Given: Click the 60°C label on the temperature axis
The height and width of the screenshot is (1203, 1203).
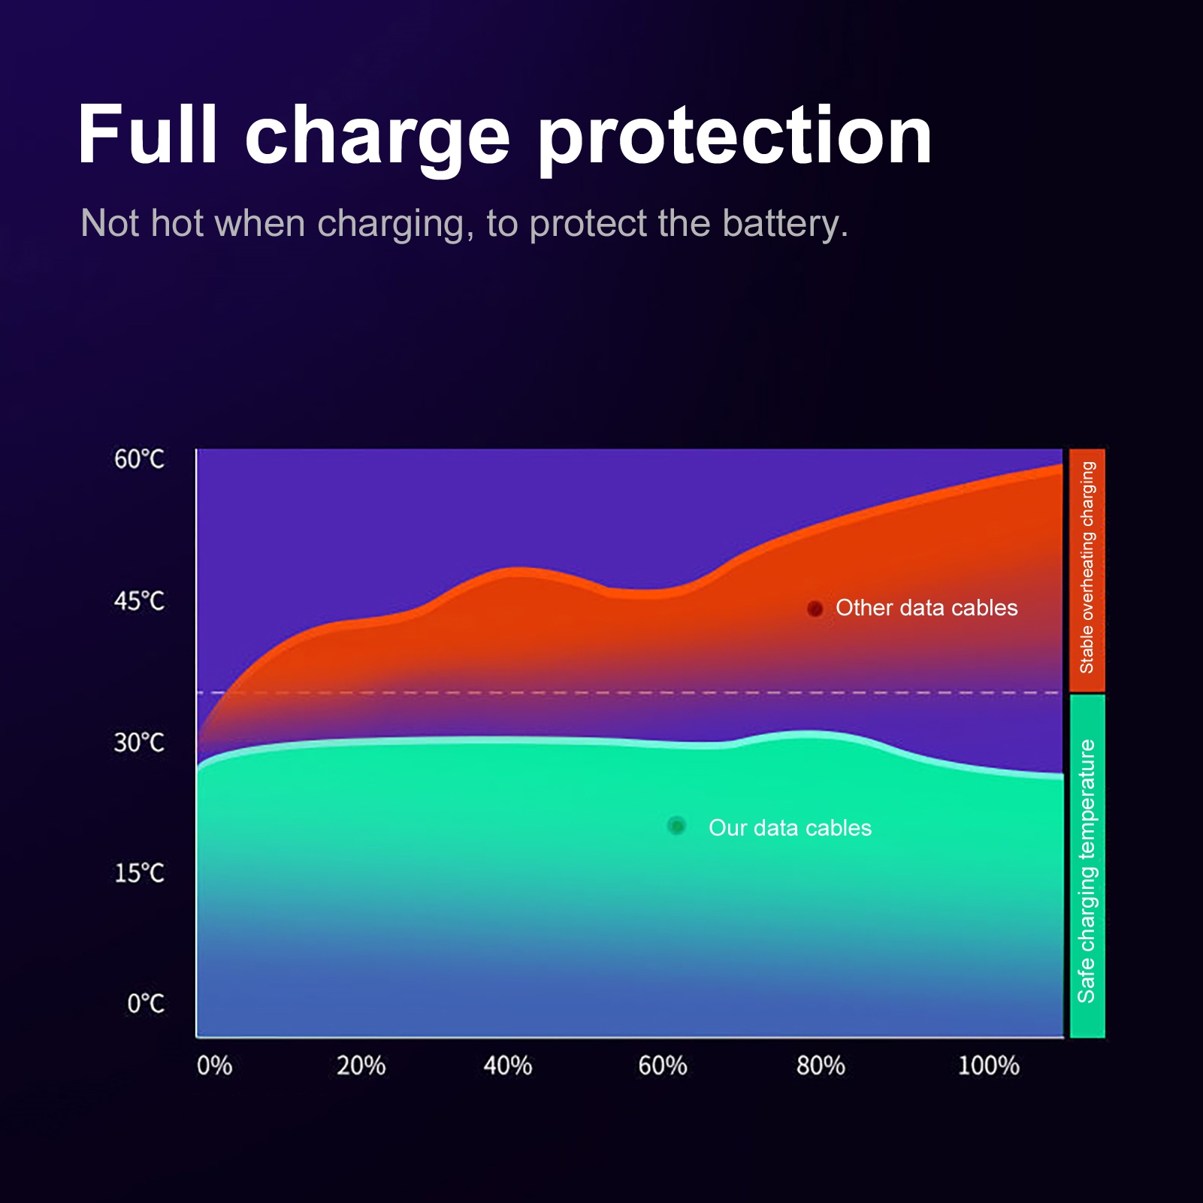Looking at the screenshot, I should coord(139,459).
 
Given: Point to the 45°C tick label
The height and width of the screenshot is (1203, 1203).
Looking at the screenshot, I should coord(139,601).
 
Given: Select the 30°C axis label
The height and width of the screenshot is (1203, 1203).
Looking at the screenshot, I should coord(139,742).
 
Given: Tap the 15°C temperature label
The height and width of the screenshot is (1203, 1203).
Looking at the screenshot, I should coord(139,873).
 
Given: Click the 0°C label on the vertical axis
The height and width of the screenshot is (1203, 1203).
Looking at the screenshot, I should coord(145,1004).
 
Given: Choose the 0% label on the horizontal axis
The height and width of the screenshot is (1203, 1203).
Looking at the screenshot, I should coord(214,1065).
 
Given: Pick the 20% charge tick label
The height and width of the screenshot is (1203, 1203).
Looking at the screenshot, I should coord(361,1065).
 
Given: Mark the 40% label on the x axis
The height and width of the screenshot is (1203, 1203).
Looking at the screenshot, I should coord(508,1065).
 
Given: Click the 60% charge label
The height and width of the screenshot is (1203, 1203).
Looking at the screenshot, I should coord(663,1065).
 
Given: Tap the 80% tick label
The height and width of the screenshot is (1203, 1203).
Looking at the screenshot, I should coord(821,1065).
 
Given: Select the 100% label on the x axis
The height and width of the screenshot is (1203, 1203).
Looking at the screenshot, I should coord(988,1065).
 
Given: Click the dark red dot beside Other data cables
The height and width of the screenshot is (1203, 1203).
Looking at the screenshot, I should coord(815,609).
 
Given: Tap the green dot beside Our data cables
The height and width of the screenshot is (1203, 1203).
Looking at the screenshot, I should coord(676,826).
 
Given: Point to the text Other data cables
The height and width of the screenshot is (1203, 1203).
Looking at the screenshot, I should coord(926,608).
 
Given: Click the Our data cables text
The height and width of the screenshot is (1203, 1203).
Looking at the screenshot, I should coord(790,828).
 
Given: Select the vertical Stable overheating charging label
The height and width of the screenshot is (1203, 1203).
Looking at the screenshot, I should coord(1087,568).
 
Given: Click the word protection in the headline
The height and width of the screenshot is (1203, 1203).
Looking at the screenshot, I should coord(734,138).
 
